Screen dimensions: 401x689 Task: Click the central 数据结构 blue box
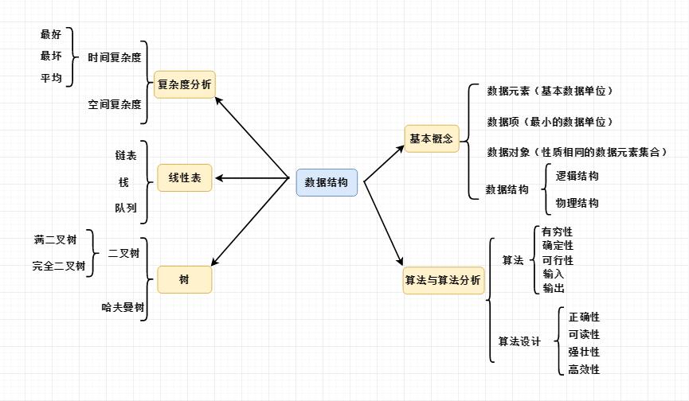coord(327,182)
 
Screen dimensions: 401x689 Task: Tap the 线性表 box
coord(185,178)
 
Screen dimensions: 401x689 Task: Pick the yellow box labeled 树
coord(185,279)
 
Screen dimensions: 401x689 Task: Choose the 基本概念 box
coord(431,138)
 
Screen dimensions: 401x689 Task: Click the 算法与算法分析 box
coord(443,280)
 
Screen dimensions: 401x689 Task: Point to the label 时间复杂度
coord(115,58)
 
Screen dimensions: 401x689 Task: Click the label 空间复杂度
coord(115,104)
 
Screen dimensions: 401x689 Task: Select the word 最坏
coord(51,56)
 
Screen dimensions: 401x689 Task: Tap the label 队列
coord(125,208)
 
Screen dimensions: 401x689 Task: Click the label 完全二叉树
coord(59,266)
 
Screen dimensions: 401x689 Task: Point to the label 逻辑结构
coord(577,176)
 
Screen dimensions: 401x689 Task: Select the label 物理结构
coord(577,203)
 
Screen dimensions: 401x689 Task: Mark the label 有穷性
coord(558,232)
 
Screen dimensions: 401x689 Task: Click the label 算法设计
coord(519,342)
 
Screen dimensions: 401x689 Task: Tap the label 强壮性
coord(584,352)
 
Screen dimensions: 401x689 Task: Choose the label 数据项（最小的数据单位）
coord(550,122)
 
